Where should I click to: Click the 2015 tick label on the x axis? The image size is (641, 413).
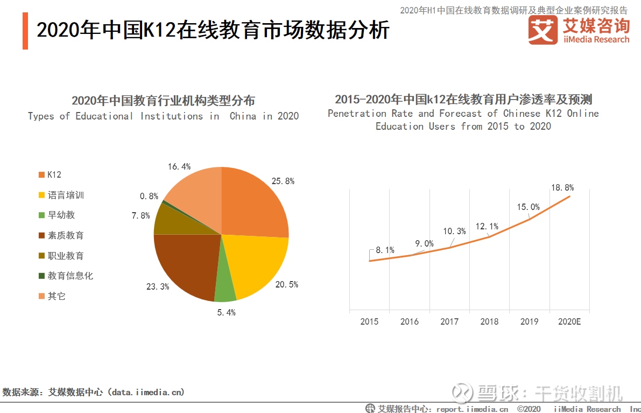(x=369, y=321)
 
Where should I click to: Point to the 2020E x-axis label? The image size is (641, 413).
(x=569, y=321)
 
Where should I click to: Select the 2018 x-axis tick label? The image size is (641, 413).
(x=489, y=321)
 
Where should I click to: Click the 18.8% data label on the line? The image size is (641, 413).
(x=562, y=188)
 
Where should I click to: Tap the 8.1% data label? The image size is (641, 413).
(x=385, y=250)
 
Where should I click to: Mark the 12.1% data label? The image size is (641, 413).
(x=487, y=226)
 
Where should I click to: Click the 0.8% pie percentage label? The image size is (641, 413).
(x=149, y=197)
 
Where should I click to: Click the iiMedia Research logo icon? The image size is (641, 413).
(x=543, y=30)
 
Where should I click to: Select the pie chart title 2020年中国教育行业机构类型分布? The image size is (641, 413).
(x=163, y=101)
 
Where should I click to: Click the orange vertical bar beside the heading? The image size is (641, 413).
(x=25, y=31)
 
